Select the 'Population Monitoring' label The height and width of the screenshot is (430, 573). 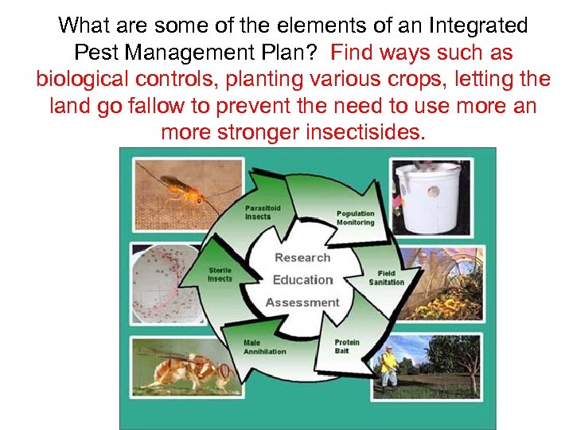(355, 218)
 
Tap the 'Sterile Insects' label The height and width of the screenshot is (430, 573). (220, 274)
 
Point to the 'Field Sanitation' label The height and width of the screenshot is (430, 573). (387, 277)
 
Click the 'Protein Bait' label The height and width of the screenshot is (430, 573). (347, 346)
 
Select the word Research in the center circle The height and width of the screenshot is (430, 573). (302, 257)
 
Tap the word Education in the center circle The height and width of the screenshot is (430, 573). (302, 279)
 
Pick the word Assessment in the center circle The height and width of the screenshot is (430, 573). (302, 303)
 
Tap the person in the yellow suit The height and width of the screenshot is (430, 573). (388, 365)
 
